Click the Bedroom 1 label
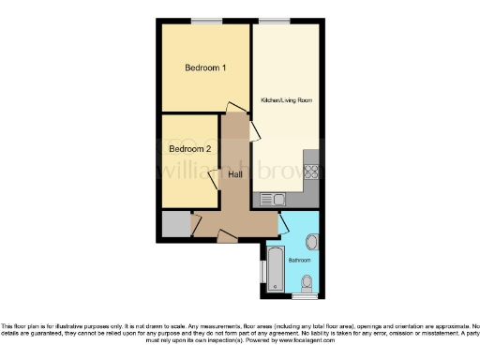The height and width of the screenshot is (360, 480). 205,67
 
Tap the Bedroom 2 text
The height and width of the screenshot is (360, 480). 189,149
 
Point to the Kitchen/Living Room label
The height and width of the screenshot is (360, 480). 286,99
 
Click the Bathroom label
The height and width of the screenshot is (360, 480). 300,259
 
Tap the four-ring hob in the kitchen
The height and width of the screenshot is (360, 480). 312,174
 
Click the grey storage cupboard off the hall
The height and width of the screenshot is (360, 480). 172,225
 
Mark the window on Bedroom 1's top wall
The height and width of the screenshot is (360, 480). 206,20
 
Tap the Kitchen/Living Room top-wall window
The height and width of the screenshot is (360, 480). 274,20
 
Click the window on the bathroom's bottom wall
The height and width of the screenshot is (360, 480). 305,296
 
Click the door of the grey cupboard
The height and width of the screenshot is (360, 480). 195,224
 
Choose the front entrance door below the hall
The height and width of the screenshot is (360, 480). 228,234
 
